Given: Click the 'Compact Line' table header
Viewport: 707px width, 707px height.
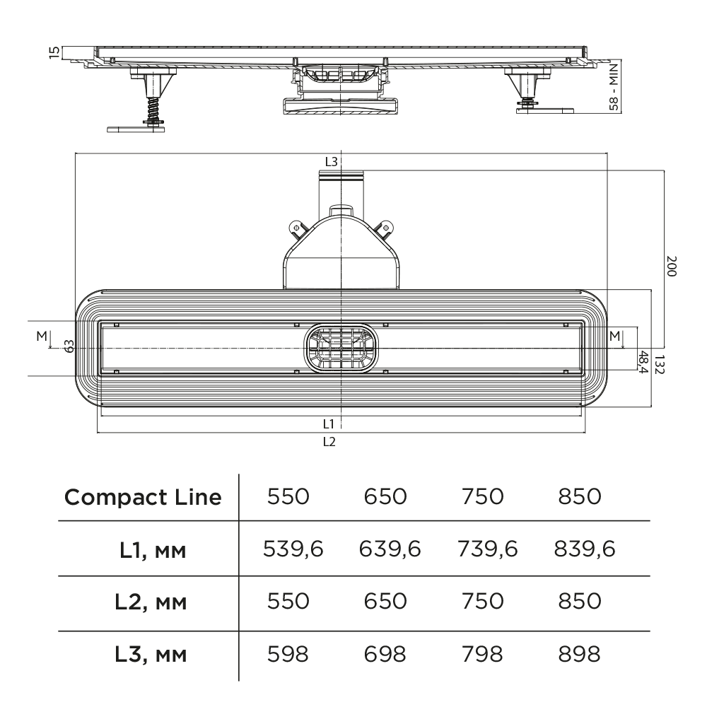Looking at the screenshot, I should coord(144,497).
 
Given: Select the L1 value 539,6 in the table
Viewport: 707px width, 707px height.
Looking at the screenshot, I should coord(293,549).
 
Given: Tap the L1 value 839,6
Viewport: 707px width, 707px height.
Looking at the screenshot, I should coord(584,549).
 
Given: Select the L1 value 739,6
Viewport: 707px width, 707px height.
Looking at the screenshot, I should coord(487,549).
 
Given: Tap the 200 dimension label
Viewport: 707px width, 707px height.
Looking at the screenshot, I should coord(672,267).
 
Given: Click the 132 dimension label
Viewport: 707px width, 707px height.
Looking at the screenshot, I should coord(658,364).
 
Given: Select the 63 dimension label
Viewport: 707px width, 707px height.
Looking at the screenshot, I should coord(69,346).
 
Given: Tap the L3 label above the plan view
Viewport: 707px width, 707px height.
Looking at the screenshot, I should coord(331,161).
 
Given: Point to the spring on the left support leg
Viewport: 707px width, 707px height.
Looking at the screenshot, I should coord(151,110).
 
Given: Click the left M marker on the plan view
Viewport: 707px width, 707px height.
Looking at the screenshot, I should coord(41,337).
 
